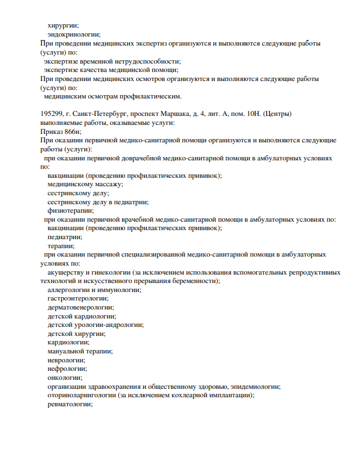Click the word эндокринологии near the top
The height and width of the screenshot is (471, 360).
pyautogui.click(x=74, y=34)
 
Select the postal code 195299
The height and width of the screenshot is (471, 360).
pyautogui.click(x=52, y=114)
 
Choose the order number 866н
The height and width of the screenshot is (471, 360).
pyautogui.click(x=73, y=131)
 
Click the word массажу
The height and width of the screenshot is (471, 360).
pyautogui.click(x=107, y=184)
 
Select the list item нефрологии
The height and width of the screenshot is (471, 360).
pyautogui.click(x=67, y=369)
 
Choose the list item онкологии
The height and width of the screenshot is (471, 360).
pyautogui.click(x=65, y=378)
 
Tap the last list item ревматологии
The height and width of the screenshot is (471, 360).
pyautogui.click(x=70, y=404)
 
